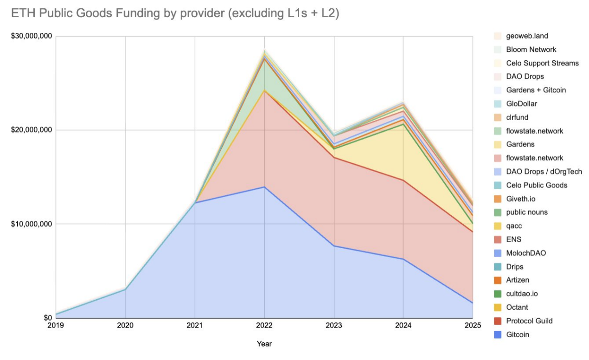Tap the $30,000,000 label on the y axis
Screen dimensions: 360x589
[32, 37]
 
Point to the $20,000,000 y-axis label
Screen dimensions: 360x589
[32, 130]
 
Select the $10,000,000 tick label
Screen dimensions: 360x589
[32, 224]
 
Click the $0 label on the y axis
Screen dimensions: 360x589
[47, 318]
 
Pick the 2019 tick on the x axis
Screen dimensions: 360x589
[56, 326]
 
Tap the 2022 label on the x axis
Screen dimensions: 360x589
[264, 326]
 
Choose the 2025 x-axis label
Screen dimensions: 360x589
[473, 326]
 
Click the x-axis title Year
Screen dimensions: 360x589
[264, 344]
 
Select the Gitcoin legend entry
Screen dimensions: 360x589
[518, 334]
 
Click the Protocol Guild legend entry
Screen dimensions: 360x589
[529, 321]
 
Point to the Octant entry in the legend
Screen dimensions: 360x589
[517, 307]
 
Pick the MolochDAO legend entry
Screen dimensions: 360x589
[526, 253]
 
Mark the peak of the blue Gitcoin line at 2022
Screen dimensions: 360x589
[264, 187]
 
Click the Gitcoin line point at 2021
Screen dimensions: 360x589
[195, 203]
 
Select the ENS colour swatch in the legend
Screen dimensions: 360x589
[498, 239]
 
